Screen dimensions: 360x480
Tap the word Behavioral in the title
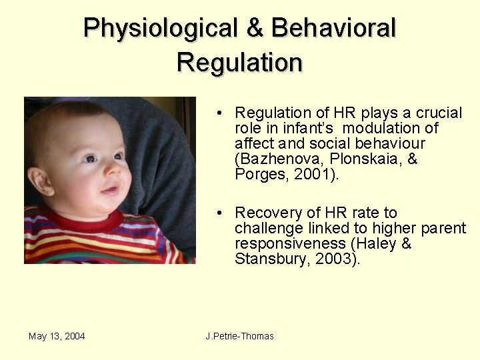pyautogui.click(x=334, y=28)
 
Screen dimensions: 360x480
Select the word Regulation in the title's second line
pyautogui.click(x=239, y=62)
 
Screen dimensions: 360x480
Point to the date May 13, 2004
pyautogui.click(x=57, y=336)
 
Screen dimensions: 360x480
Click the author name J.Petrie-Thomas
pyautogui.click(x=240, y=336)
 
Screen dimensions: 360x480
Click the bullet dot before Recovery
pyautogui.click(x=219, y=213)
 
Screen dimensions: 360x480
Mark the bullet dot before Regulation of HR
pyautogui.click(x=219, y=113)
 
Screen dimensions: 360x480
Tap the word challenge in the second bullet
pyautogui.click(x=265, y=229)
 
